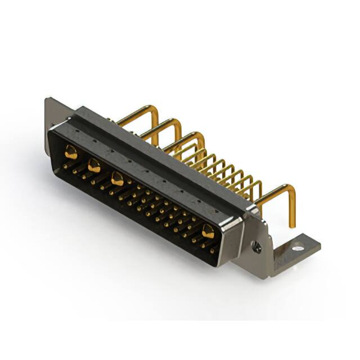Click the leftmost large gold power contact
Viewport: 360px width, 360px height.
tap(71, 151)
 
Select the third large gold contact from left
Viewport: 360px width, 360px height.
tap(118, 179)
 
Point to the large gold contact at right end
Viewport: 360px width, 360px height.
tap(208, 230)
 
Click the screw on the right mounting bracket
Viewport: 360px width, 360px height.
tap(256, 246)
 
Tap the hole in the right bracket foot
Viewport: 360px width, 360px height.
tap(298, 246)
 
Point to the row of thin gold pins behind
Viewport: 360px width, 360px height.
tap(225, 169)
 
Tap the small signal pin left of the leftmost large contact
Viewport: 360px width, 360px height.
tap(65, 165)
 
